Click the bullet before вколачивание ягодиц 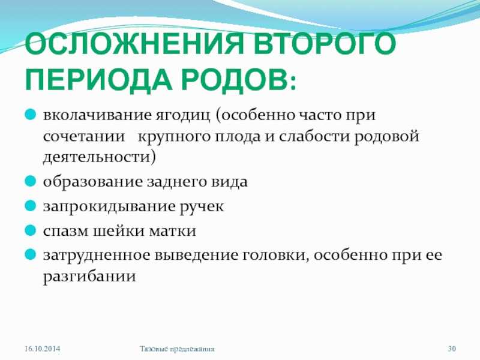pos(31,115)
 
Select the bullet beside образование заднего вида pos(31,181)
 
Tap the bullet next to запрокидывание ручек pos(31,205)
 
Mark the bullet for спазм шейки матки pos(31,230)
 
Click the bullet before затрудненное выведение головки pos(31,254)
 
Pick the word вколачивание pos(97,115)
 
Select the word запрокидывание pos(109,206)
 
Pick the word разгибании pos(89,277)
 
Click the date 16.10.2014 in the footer pos(42,349)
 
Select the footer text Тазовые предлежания pos(177,349)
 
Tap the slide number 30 pos(452,349)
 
